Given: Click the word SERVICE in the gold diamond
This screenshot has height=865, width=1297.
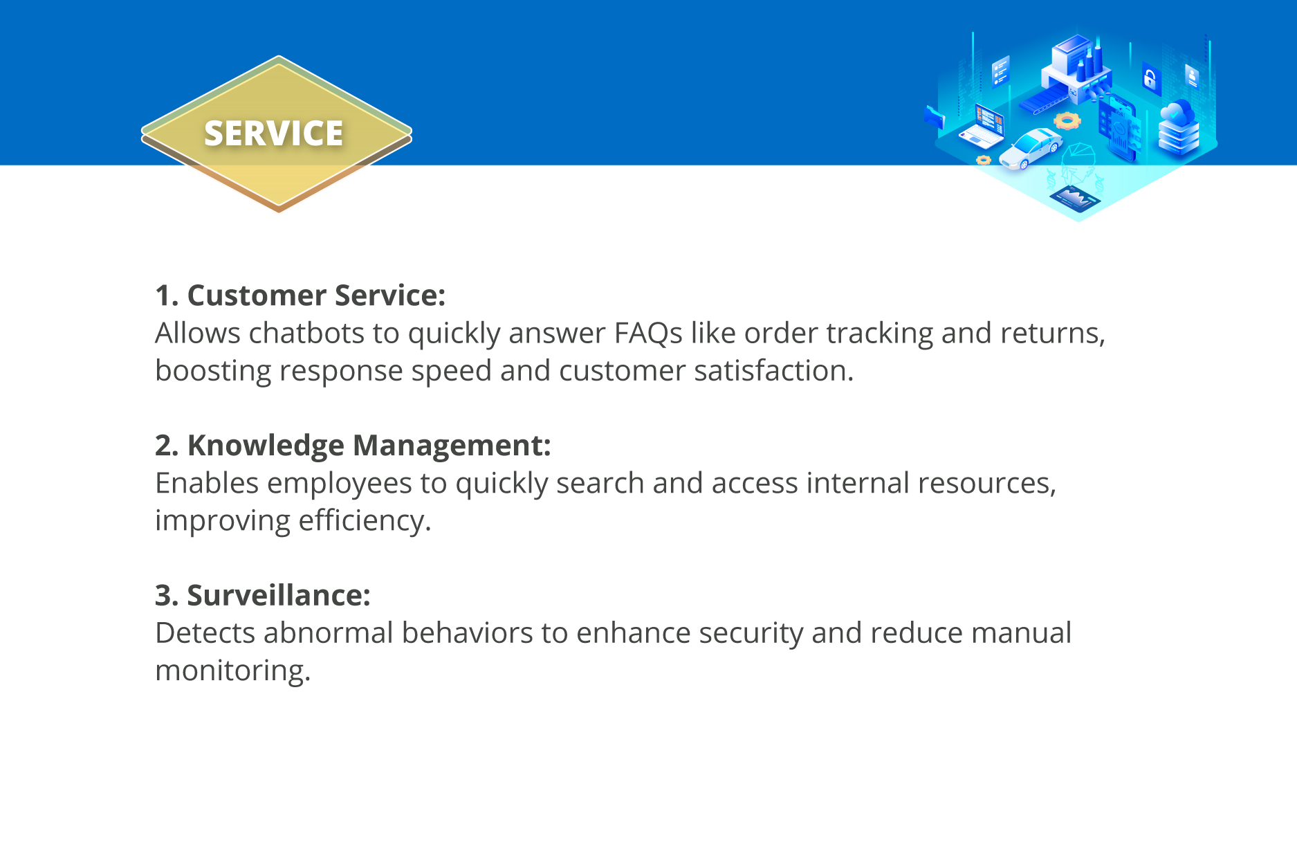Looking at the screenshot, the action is pyautogui.click(x=273, y=134).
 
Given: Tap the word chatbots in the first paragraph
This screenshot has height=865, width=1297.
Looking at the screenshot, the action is pyautogui.click(x=306, y=333).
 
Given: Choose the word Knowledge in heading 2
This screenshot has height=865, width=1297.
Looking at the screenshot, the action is pyautogui.click(x=266, y=446).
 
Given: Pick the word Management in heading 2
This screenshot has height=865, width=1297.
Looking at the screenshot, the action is pyautogui.click(x=452, y=446).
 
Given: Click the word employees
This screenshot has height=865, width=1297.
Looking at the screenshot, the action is pyautogui.click(x=340, y=483).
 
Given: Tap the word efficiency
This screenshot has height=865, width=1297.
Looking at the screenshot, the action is pyautogui.click(x=365, y=520).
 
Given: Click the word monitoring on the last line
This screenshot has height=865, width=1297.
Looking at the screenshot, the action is pyautogui.click(x=233, y=671).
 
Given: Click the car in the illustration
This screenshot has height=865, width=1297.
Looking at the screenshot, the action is pyautogui.click(x=1031, y=148).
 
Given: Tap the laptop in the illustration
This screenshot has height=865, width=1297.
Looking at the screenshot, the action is pyautogui.click(x=982, y=126).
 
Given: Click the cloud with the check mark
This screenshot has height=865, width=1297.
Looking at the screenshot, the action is pyautogui.click(x=1178, y=112).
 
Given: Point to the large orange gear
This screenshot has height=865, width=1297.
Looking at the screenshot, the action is pyautogui.click(x=1067, y=121).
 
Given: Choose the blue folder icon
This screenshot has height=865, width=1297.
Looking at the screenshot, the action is pyautogui.click(x=935, y=116).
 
